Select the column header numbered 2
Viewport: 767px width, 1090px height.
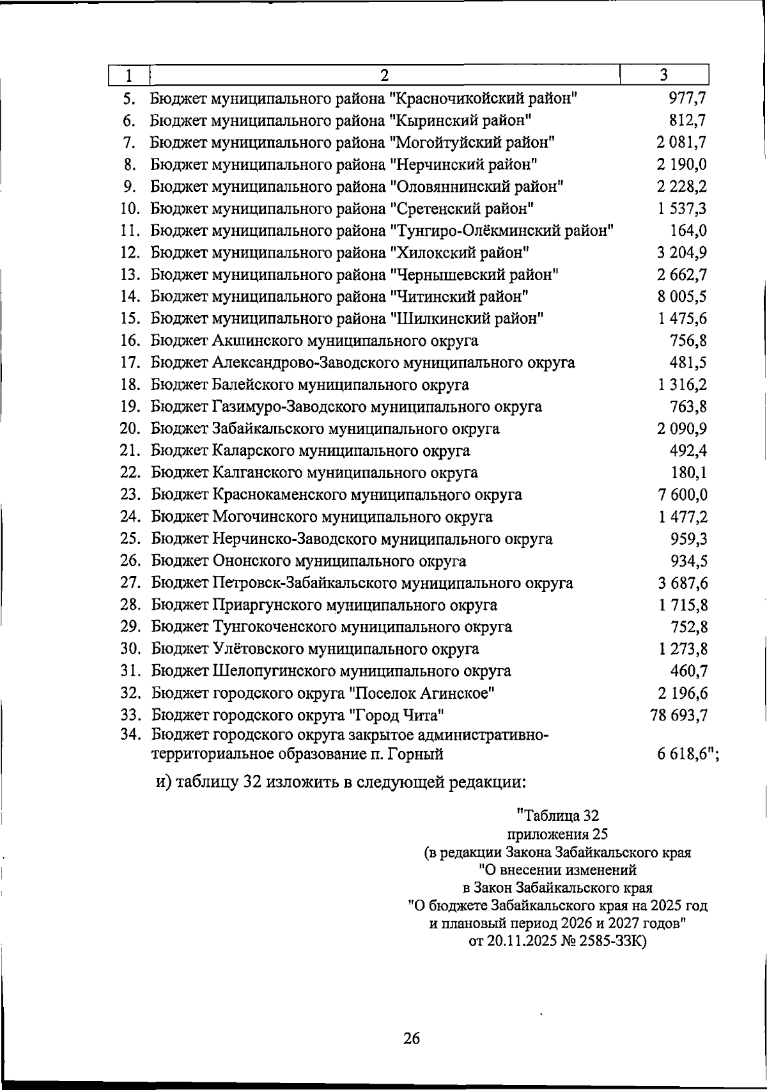(384, 75)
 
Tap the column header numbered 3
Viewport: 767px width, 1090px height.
(664, 75)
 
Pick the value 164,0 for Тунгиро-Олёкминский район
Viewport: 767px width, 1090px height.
(688, 231)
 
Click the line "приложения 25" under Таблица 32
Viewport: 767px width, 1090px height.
(557, 834)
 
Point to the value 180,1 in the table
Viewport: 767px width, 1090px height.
(688, 473)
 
